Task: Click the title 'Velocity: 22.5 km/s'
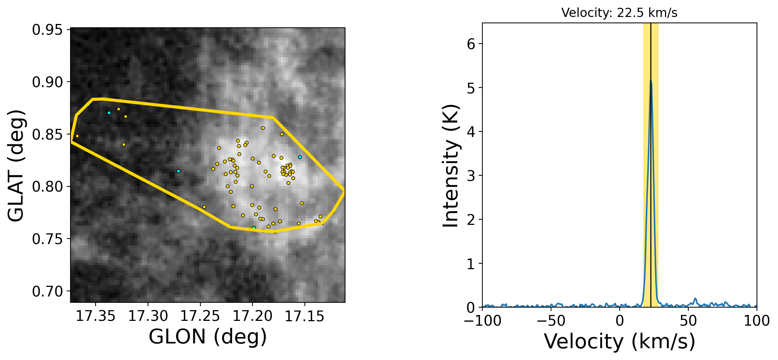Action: coord(619,13)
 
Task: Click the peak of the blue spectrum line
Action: coord(650,80)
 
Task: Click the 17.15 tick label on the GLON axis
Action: coord(304,316)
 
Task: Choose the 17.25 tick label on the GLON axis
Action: coord(200,316)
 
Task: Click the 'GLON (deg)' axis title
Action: coord(207,337)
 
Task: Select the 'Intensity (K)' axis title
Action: coord(451,166)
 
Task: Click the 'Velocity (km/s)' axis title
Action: coord(619,341)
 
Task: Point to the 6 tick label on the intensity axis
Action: coord(471,44)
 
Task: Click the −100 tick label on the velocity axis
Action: coord(482,321)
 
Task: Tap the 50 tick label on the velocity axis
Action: coord(688,321)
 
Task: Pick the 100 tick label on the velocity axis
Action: coord(757,321)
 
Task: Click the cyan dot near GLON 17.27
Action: coord(178,171)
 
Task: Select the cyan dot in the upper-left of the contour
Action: coord(109,113)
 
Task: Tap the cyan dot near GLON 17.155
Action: coord(300,157)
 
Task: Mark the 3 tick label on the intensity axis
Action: coord(471,176)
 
